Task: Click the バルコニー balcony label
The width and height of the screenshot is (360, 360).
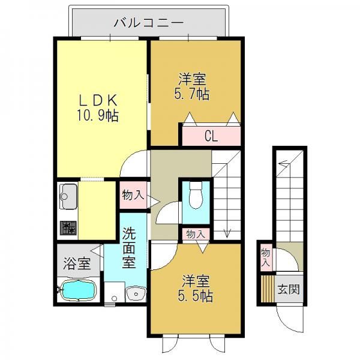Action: (x=149, y=23)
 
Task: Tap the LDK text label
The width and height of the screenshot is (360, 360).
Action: (x=98, y=100)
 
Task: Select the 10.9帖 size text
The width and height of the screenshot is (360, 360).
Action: (x=98, y=115)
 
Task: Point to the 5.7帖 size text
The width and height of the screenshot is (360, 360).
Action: (x=192, y=94)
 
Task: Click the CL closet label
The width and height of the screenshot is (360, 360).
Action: (x=211, y=137)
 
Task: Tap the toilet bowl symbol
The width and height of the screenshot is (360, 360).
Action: (x=196, y=196)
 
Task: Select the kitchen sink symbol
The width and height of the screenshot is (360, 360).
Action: (x=68, y=196)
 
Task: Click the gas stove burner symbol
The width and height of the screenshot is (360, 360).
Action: (x=68, y=228)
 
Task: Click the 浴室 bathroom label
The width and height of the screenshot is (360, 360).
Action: (x=77, y=263)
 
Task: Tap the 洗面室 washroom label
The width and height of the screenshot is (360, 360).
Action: (x=129, y=248)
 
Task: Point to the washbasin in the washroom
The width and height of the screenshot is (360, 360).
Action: (x=136, y=293)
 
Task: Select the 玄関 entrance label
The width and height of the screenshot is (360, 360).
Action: (x=289, y=289)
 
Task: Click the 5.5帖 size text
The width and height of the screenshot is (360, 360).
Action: (x=195, y=296)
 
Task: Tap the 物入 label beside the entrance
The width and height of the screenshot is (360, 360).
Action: (x=266, y=257)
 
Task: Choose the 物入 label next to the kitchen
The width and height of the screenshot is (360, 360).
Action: (x=133, y=196)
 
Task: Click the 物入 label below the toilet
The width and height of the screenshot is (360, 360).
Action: (x=196, y=235)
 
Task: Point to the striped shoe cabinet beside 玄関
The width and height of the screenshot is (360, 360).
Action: (x=268, y=289)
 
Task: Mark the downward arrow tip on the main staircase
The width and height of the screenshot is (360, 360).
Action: (x=227, y=237)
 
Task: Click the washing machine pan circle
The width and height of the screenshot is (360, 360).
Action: (x=114, y=298)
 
